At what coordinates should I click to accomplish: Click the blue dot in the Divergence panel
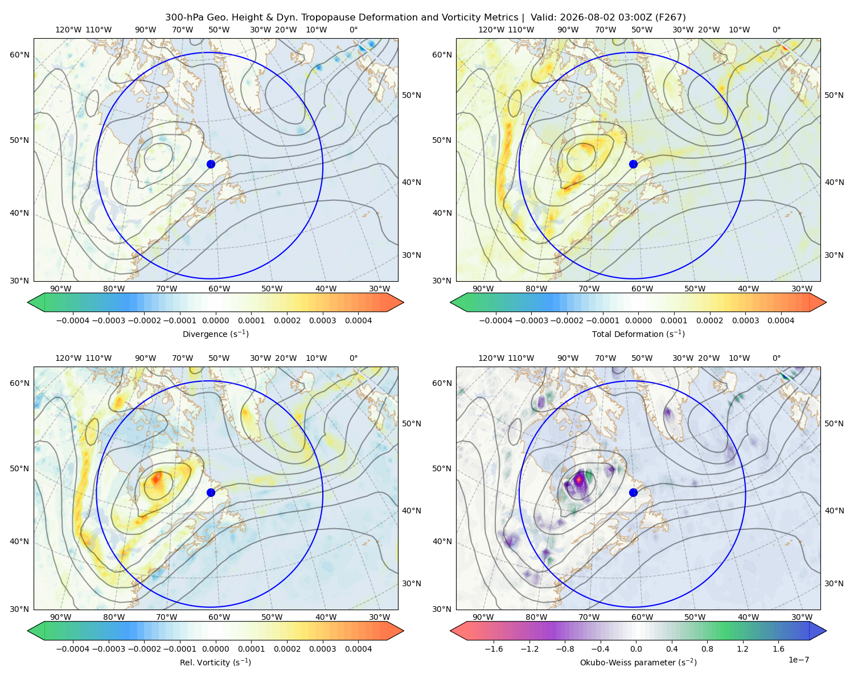[x=211, y=164]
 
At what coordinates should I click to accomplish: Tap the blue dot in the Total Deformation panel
[x=633, y=164]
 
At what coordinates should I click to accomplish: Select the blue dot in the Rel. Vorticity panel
[x=211, y=492]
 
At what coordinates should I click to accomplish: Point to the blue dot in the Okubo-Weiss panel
[x=633, y=492]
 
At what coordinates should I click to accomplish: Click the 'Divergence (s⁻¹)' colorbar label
[x=215, y=334]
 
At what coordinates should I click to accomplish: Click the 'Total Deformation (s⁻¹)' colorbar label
[x=638, y=334]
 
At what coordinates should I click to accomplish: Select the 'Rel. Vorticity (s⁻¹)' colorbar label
[x=215, y=663]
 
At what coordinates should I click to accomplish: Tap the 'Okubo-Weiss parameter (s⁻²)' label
[x=638, y=663]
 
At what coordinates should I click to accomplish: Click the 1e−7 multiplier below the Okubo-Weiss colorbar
[x=798, y=660]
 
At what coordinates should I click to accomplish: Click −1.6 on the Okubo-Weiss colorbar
[x=494, y=649]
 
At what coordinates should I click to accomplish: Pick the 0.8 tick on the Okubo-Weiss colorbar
[x=707, y=649]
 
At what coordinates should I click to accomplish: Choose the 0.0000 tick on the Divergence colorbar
[x=215, y=320]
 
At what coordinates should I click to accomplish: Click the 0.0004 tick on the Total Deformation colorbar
[x=781, y=320]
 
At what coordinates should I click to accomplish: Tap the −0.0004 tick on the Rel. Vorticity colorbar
[x=73, y=649]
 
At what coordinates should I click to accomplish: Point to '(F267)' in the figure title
[x=670, y=18]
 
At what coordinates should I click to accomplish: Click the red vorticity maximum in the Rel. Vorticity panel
[x=157, y=478]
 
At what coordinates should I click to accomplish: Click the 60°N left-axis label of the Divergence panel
[x=19, y=55]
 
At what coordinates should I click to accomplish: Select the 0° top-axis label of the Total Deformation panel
[x=777, y=30]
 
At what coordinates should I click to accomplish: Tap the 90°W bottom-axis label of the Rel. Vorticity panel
[x=61, y=617]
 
